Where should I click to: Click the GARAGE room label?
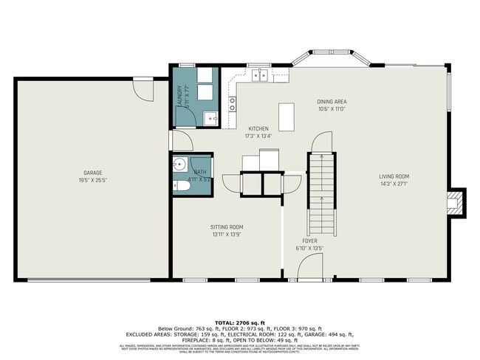(92, 173)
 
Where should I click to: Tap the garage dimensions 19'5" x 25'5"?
(92, 180)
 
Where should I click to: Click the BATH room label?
(200, 172)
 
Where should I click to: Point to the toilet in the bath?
(182, 187)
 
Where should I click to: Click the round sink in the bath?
(179, 165)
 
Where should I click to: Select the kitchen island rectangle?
(287, 117)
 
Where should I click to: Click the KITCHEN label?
(258, 128)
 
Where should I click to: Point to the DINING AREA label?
(332, 102)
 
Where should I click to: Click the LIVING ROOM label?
(394, 176)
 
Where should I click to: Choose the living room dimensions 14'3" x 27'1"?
(394, 184)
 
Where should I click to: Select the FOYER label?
(310, 241)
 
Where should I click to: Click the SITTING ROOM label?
(227, 227)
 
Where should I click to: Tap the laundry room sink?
(210, 117)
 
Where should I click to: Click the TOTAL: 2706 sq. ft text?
(239, 323)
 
